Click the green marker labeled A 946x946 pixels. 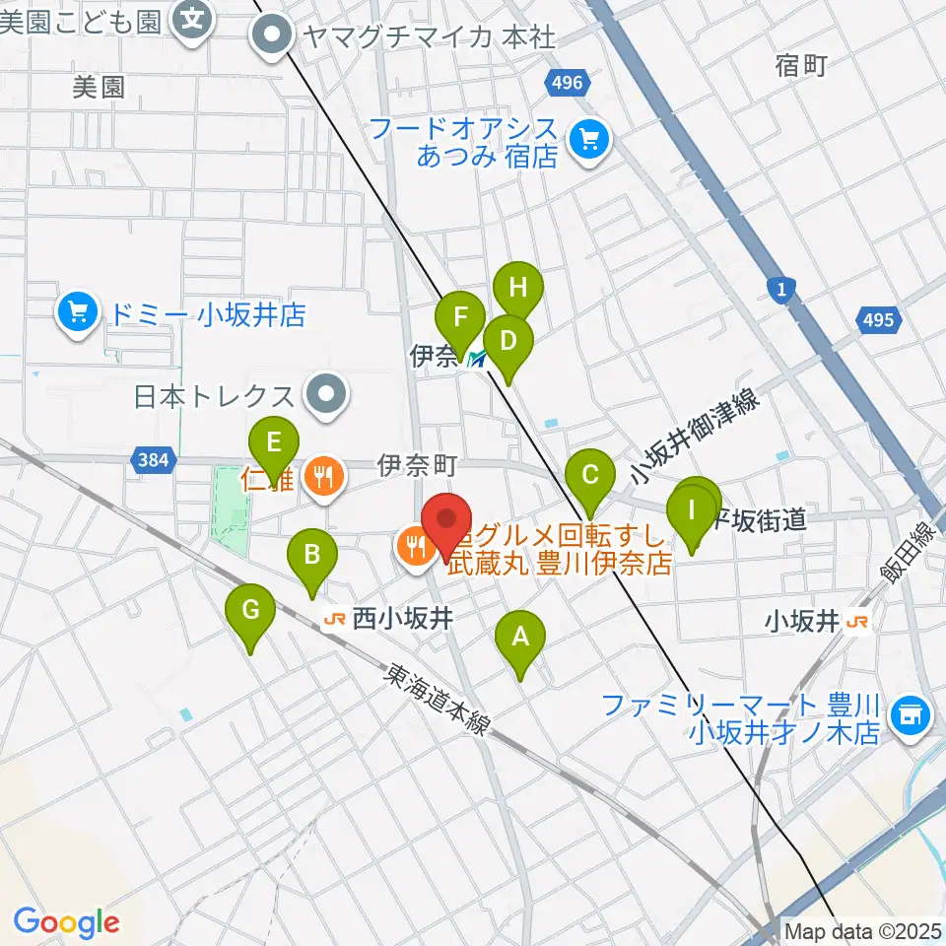[x=520, y=642]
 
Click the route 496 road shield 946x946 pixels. [x=568, y=83]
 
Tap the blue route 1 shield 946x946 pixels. [x=780, y=289]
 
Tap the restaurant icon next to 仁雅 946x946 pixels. [x=321, y=478]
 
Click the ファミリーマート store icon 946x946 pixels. [x=908, y=716]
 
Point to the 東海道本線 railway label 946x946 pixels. [x=439, y=700]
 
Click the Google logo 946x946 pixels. [x=66, y=922]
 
